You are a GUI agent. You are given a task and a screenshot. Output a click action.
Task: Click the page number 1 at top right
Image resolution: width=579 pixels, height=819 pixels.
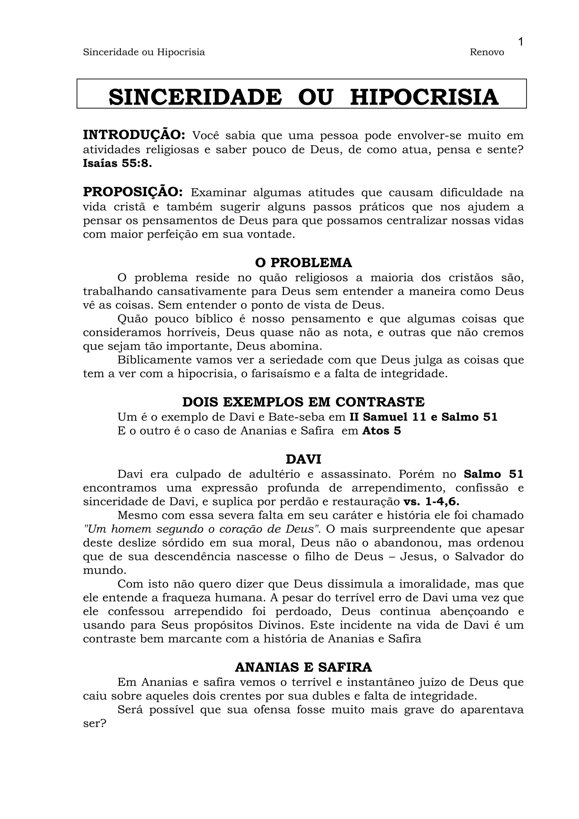coord(520,42)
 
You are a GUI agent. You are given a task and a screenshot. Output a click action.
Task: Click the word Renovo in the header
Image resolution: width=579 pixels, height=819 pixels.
coord(487,53)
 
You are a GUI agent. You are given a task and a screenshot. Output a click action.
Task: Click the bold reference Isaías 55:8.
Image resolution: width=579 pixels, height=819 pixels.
coord(117,163)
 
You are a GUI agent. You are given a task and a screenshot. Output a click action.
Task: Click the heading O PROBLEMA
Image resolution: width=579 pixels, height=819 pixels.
coord(303,263)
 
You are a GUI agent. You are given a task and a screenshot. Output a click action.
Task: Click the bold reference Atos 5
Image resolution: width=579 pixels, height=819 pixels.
coord(381,431)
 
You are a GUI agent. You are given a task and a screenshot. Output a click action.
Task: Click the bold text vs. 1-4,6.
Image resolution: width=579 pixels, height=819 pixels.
coord(431,502)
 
